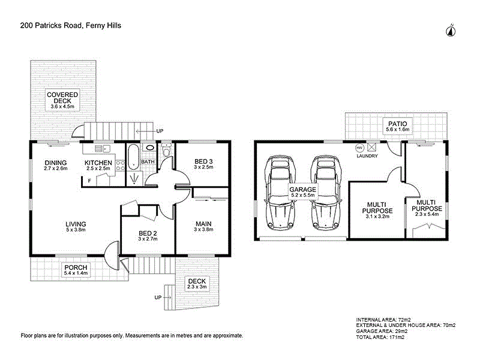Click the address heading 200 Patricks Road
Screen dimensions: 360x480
pos(67,26)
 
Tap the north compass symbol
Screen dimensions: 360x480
pos(451,31)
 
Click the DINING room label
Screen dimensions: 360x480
pos(55,163)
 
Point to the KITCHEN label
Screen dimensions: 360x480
pos(98,163)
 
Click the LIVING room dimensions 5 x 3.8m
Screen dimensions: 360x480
pos(77,230)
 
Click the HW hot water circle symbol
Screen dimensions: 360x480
pos(359,148)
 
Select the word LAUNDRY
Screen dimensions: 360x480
pos(366,156)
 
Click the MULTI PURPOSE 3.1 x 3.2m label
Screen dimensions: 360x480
pos(377,211)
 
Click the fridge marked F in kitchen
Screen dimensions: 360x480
pos(89,181)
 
